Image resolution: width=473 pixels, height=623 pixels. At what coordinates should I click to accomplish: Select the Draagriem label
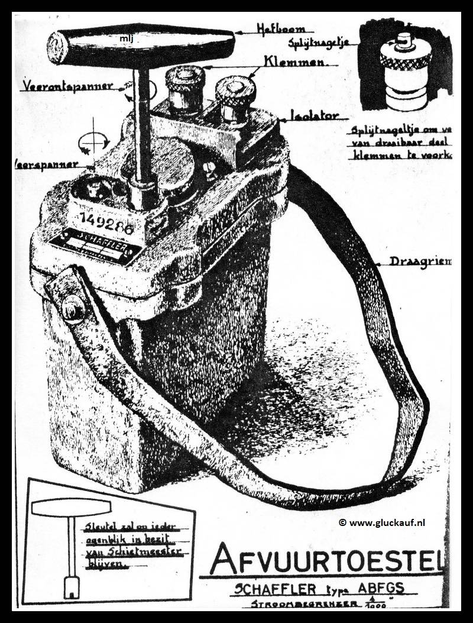point(420,260)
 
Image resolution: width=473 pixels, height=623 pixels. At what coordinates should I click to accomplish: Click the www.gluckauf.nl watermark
point(382,522)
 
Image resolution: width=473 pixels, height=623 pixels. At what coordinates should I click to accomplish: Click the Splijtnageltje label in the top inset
point(318,43)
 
